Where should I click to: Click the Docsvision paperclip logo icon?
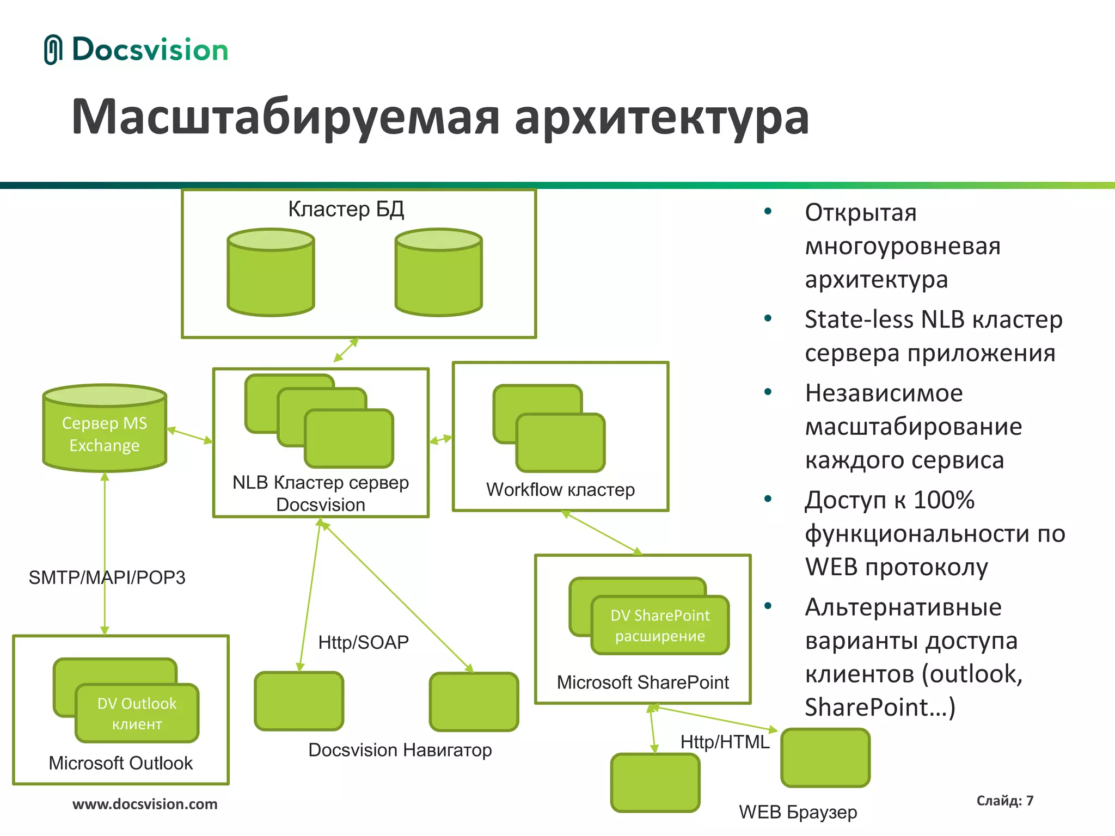pos(53,50)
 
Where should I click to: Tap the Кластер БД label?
pos(346,209)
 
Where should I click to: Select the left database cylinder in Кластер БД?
pos(271,272)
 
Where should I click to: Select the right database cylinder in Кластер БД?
pos(438,272)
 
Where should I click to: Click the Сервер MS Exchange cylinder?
pos(105,430)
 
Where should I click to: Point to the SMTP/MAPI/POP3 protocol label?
pos(107,577)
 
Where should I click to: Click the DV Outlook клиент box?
pos(137,713)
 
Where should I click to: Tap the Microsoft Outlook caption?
pos(120,763)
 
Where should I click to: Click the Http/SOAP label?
pos(363,642)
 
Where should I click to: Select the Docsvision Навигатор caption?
pos(400,750)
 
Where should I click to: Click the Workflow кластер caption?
pos(560,490)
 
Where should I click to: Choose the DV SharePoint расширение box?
pos(660,625)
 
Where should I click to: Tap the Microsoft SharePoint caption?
pos(642,683)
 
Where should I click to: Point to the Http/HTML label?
pos(725,742)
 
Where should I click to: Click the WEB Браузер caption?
pos(798,812)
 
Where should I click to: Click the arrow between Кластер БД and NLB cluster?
pos(346,349)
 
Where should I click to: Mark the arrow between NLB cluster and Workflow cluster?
pos(440,439)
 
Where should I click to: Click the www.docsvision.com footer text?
pos(145,804)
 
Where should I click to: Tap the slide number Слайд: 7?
pos(1004,801)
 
